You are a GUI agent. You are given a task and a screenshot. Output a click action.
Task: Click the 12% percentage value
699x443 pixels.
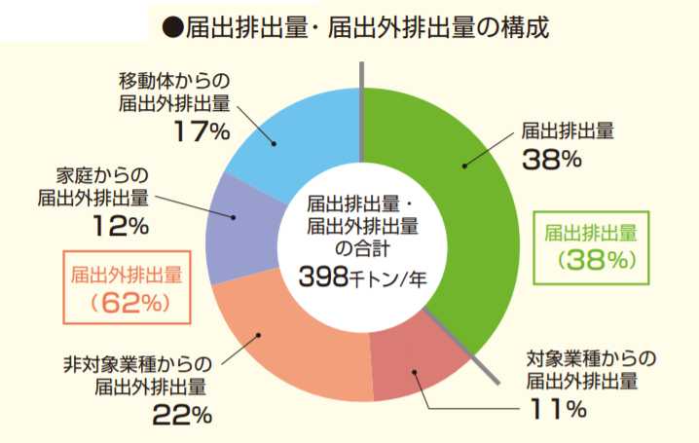click(122, 227)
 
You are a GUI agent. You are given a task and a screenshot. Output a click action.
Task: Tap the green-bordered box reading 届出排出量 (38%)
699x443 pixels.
click(591, 246)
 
